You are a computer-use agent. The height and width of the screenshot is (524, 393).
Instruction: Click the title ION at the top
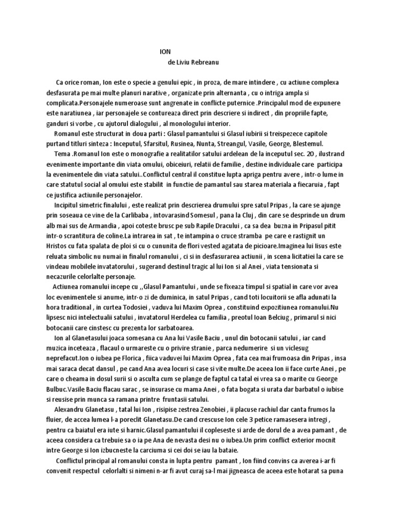tap(165, 52)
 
